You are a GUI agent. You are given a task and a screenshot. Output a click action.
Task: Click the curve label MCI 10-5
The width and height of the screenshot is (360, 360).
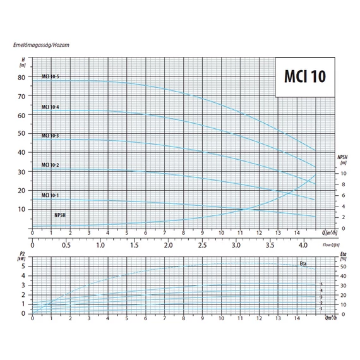tap(51, 76)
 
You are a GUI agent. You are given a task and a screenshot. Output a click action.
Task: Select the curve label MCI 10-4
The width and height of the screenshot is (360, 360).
tap(51, 106)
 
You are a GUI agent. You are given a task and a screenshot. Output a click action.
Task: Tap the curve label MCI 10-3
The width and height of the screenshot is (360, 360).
tap(51, 136)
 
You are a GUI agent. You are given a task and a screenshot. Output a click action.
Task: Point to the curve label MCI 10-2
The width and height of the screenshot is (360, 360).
tap(51, 165)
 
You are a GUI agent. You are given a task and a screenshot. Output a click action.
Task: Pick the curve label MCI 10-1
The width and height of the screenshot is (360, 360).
tap(51, 195)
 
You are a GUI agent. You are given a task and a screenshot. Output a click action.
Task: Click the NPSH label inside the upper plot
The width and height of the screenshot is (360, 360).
tap(61, 215)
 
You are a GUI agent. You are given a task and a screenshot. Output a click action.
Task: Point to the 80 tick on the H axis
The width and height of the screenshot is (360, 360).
tap(22, 77)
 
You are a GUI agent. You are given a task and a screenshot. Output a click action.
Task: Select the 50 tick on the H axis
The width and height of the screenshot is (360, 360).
tap(22, 133)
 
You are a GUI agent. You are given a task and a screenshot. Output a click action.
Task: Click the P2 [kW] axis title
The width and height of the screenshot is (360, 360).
tap(22, 257)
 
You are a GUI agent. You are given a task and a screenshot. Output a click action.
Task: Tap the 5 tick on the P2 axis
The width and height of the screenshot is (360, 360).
tap(23, 266)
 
